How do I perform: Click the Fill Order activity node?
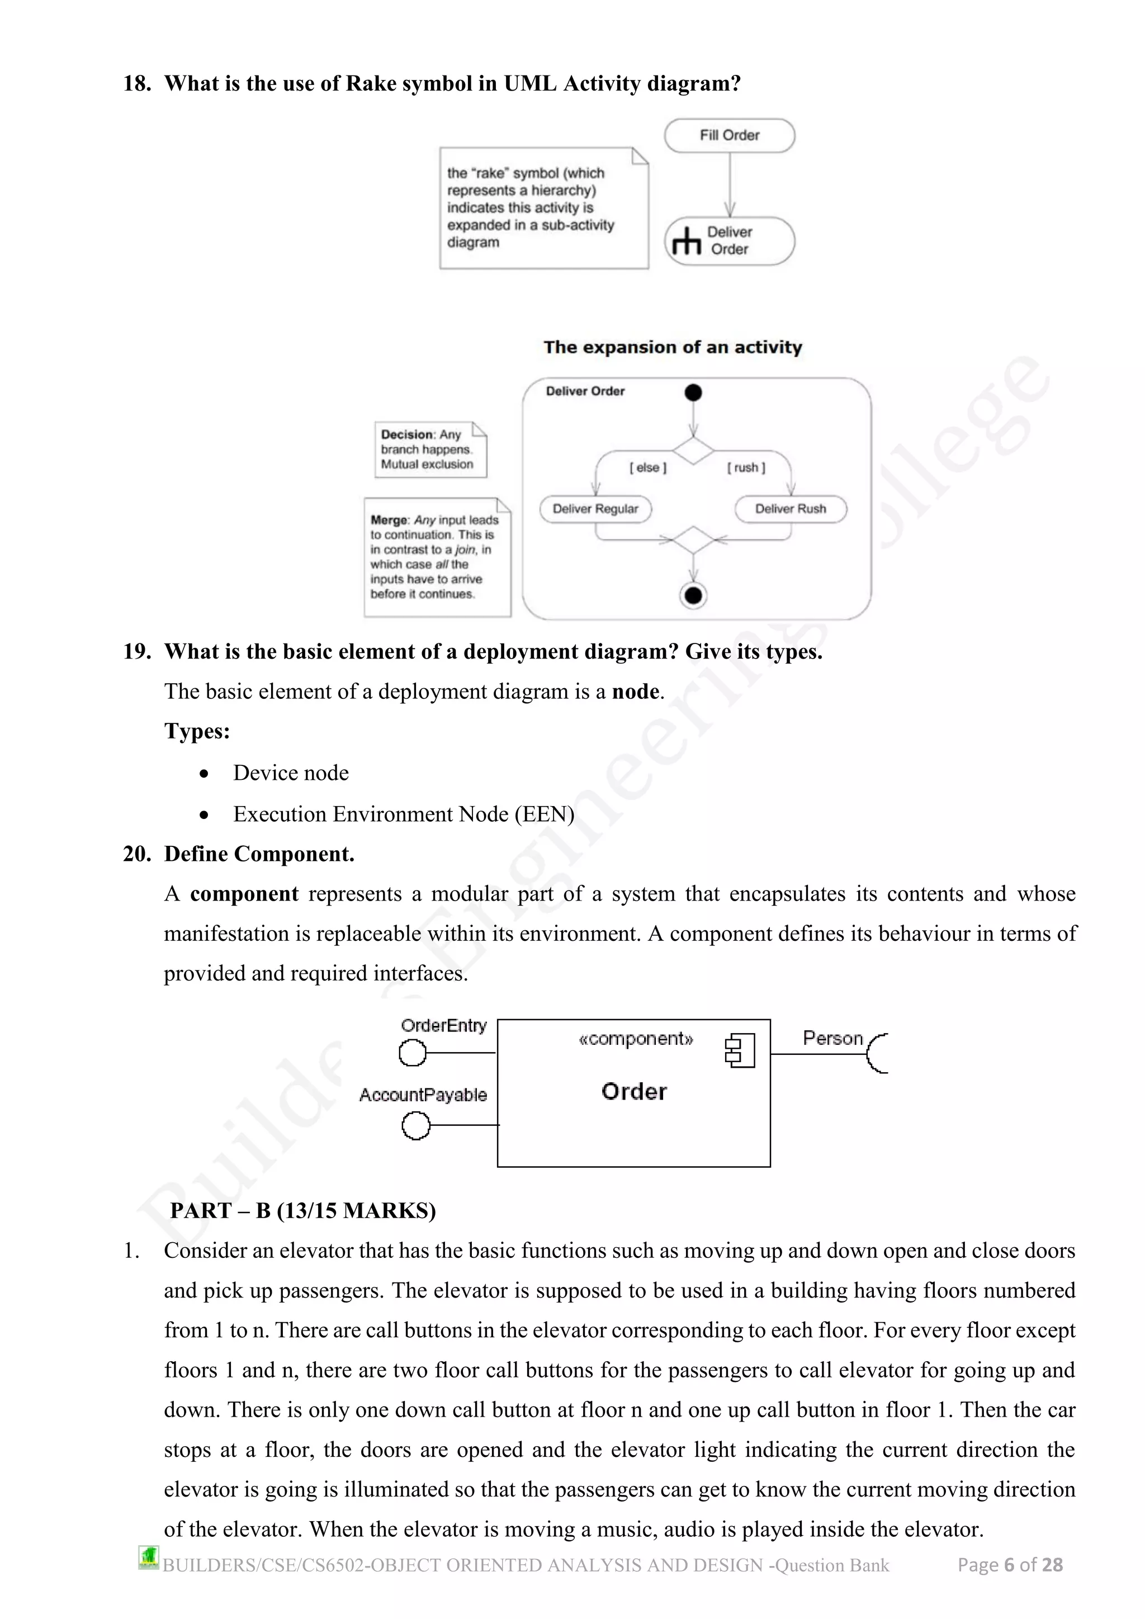[729, 135]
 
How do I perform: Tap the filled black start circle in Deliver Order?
[693, 393]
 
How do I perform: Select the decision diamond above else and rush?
[693, 451]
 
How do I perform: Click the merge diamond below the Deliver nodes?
[693, 540]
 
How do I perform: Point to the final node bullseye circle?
[693, 596]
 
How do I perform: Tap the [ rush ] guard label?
[746, 467]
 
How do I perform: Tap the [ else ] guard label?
[647, 467]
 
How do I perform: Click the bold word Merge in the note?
[389, 520]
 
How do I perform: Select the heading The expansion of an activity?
[673, 347]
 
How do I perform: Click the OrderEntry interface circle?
[413, 1053]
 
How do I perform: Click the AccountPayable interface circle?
[416, 1125]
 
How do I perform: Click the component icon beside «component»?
[740, 1050]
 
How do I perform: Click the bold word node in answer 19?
[635, 691]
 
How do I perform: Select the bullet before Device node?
[204, 774]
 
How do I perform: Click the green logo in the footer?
[149, 1557]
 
